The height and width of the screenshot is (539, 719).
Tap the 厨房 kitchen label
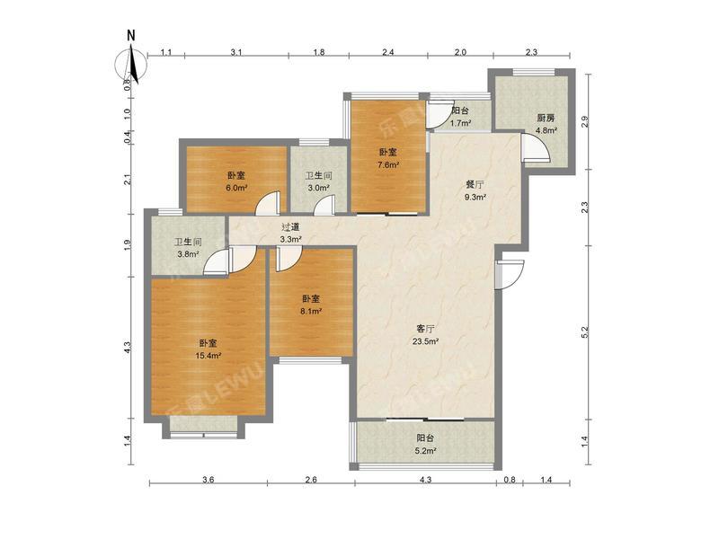point(546,118)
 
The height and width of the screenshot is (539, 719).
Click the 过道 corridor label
point(290,228)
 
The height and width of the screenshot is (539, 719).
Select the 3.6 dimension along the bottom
point(208,482)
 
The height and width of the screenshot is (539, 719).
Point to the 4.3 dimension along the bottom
point(425,482)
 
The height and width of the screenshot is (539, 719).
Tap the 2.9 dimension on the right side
point(585,122)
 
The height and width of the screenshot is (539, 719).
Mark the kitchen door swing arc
point(532,149)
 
